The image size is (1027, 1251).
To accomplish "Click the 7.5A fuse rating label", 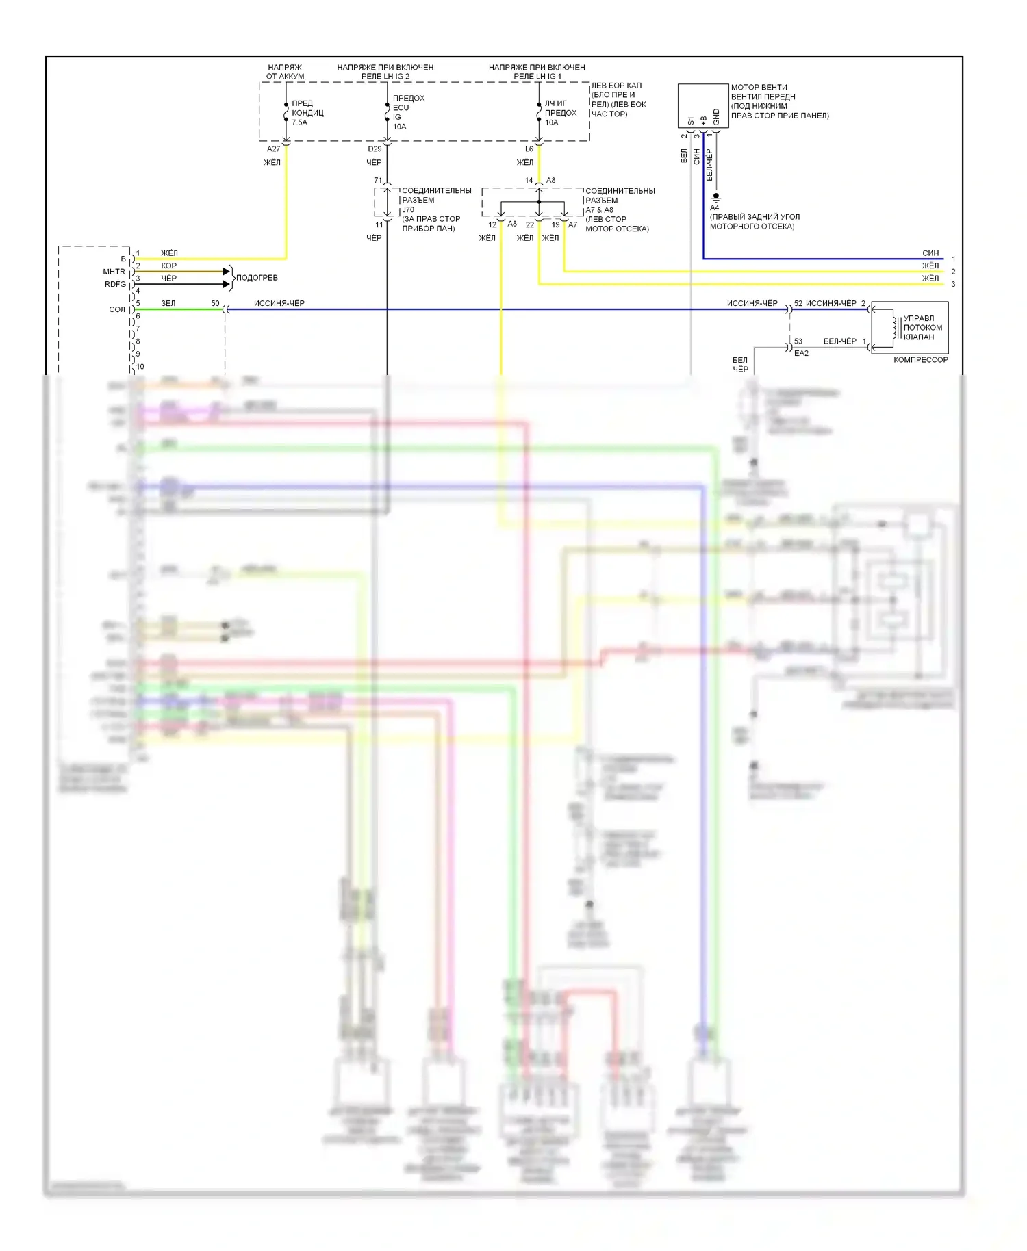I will click(x=300, y=122).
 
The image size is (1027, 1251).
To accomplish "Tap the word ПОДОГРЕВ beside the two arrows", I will click(x=257, y=277).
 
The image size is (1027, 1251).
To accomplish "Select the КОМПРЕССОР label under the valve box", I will click(x=920, y=359).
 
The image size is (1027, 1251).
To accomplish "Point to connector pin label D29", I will click(x=375, y=149).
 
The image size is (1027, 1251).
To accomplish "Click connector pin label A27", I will click(x=273, y=149).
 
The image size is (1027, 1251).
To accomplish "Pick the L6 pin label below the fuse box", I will click(x=529, y=149).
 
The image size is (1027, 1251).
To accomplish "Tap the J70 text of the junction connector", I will click(x=408, y=209).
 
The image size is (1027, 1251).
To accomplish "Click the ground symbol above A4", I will click(x=716, y=197).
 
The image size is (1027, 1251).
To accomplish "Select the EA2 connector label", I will click(x=801, y=353).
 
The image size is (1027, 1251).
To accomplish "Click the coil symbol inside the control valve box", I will click(x=893, y=326).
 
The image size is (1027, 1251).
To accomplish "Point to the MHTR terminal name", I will click(x=114, y=272).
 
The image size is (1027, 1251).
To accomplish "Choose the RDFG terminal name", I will click(x=115, y=284).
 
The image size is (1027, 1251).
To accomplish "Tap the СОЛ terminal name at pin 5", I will click(x=117, y=309).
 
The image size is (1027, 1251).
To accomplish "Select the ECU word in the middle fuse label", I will click(x=401, y=107).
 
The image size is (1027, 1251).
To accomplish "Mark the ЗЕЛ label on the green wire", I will click(x=168, y=303).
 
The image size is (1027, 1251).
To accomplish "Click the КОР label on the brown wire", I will click(x=168, y=266).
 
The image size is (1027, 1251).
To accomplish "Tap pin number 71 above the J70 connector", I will click(x=378, y=181).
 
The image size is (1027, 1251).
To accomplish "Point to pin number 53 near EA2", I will click(x=798, y=341).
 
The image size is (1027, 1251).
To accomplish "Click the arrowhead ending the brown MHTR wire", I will click(x=227, y=272).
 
